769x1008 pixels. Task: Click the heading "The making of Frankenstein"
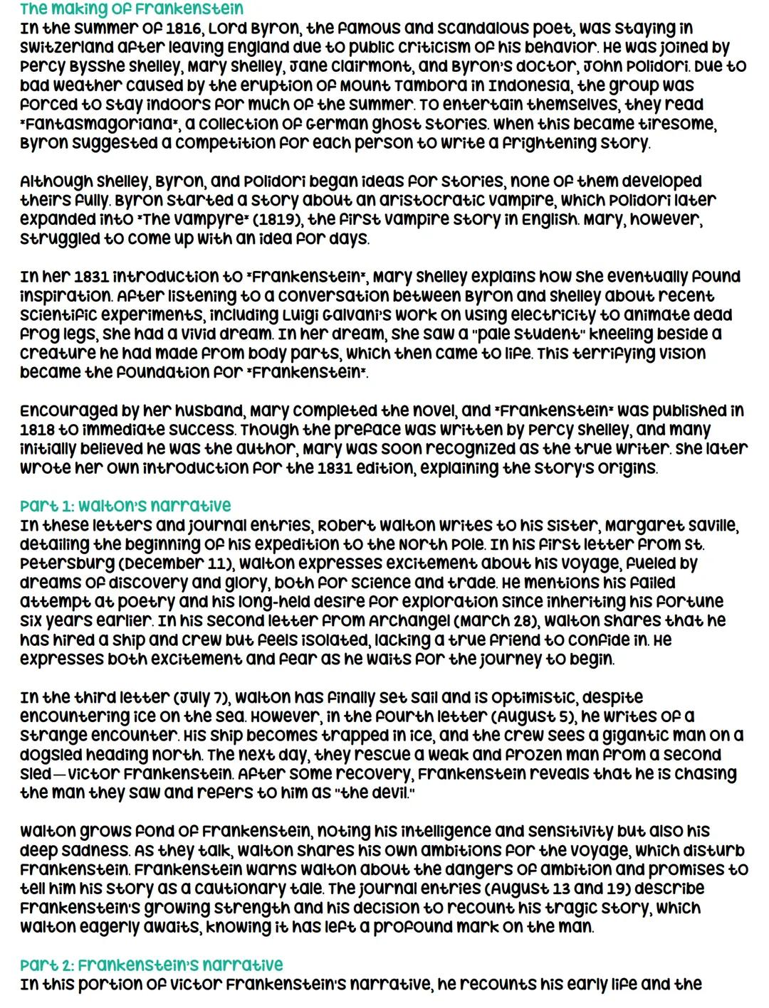[x=132, y=9]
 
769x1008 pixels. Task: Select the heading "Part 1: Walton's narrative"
[x=126, y=506]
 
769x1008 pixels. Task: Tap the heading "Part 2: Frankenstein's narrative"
[x=152, y=965]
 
